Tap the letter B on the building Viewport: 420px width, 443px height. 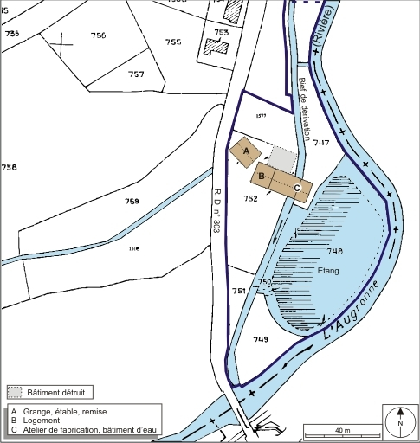[x=261, y=176]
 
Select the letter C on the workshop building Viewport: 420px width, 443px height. [x=297, y=187]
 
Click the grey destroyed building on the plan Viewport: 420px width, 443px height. [x=281, y=159]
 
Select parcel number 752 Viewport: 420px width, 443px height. [x=251, y=198]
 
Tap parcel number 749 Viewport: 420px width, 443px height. [x=261, y=340]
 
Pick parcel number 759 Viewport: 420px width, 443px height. [x=132, y=202]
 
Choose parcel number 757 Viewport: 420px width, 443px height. [x=136, y=74]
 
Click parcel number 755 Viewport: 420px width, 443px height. [x=173, y=42]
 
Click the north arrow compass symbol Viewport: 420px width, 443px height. [x=400, y=422]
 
